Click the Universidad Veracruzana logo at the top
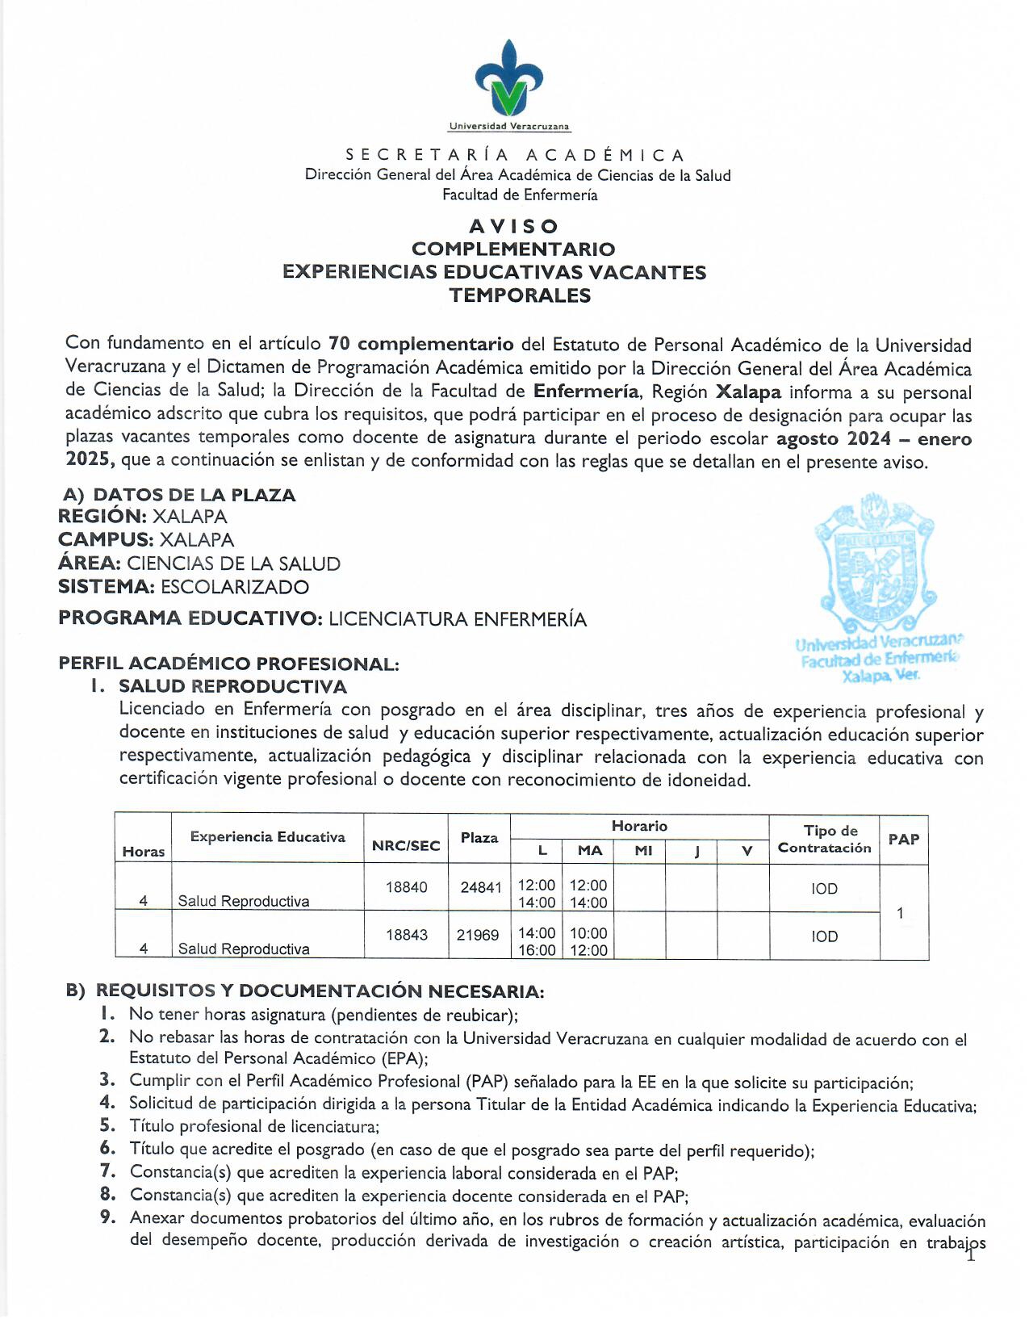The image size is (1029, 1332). (509, 81)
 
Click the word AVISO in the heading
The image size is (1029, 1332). (514, 227)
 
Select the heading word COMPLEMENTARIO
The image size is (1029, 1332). (513, 249)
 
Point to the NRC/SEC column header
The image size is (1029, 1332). (406, 846)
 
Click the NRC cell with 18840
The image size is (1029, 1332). (406, 887)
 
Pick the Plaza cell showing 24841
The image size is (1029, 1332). (480, 887)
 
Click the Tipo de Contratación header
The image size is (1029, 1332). (824, 840)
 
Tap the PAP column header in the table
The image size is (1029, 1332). (903, 840)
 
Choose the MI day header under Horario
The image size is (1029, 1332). (643, 851)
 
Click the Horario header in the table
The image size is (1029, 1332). (639, 826)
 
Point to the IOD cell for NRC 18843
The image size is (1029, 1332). (824, 936)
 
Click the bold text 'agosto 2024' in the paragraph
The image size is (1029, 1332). (833, 439)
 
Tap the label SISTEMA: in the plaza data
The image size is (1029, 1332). (106, 587)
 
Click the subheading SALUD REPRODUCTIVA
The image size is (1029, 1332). (232, 687)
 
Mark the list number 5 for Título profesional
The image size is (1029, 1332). (108, 1125)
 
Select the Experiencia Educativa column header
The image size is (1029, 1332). (267, 837)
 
